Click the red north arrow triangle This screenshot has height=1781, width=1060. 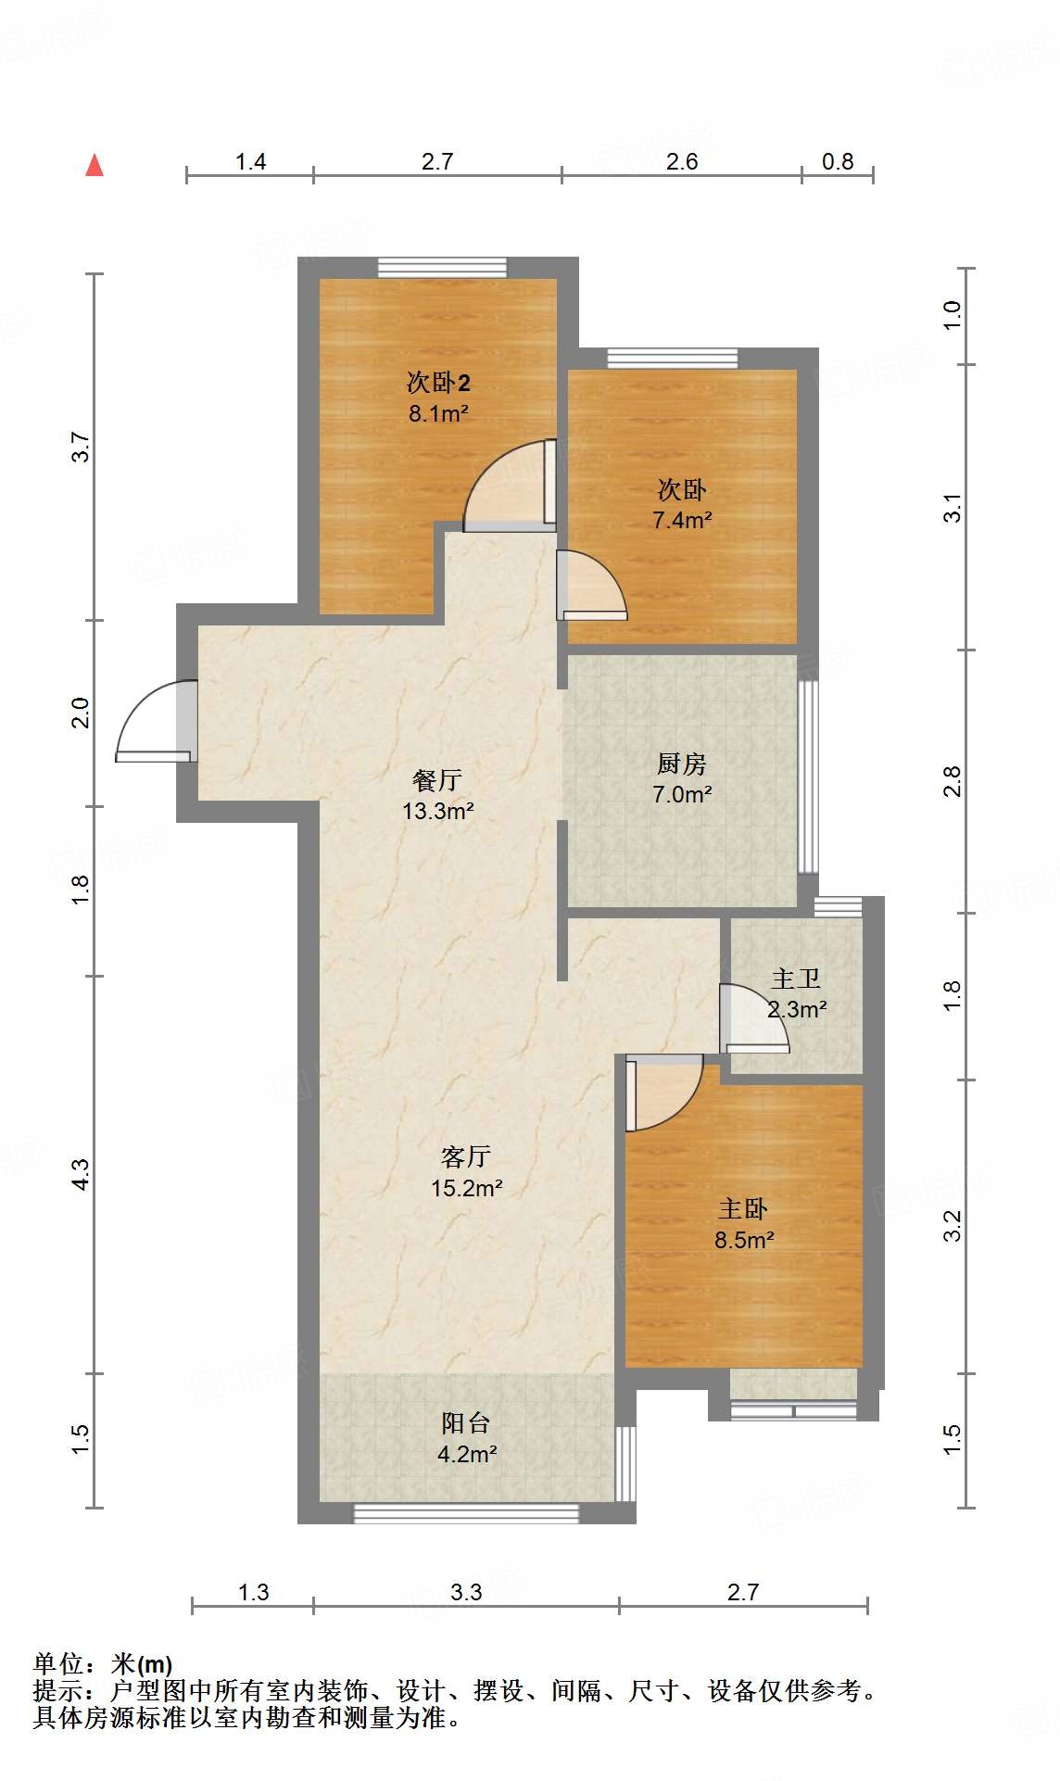pyautogui.click(x=95, y=165)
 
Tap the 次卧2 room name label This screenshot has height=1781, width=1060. pyautogui.click(x=438, y=382)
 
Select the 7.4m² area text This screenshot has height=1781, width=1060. pyautogui.click(x=682, y=520)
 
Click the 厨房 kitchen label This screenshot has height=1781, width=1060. pyautogui.click(x=682, y=764)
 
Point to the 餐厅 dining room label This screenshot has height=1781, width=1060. pyautogui.click(x=437, y=780)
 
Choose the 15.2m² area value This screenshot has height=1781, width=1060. pyautogui.click(x=466, y=1187)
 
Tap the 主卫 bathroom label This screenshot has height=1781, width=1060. pyautogui.click(x=796, y=979)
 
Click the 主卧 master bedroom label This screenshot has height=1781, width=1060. pyautogui.click(x=743, y=1209)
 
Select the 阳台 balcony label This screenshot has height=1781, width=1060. pyautogui.click(x=466, y=1423)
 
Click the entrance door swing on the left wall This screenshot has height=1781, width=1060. pyautogui.click(x=156, y=721)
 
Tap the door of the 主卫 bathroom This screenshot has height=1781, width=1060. pyautogui.click(x=754, y=1018)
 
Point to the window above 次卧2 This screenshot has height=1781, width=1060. pyautogui.click(x=442, y=267)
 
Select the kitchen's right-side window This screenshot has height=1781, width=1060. pyautogui.click(x=808, y=777)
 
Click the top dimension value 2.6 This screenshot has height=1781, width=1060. pyautogui.click(x=682, y=161)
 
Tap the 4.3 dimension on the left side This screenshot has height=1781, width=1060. pyautogui.click(x=81, y=1174)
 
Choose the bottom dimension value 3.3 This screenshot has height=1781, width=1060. pyautogui.click(x=466, y=1592)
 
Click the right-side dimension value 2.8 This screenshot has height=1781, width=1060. pyautogui.click(x=953, y=781)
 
